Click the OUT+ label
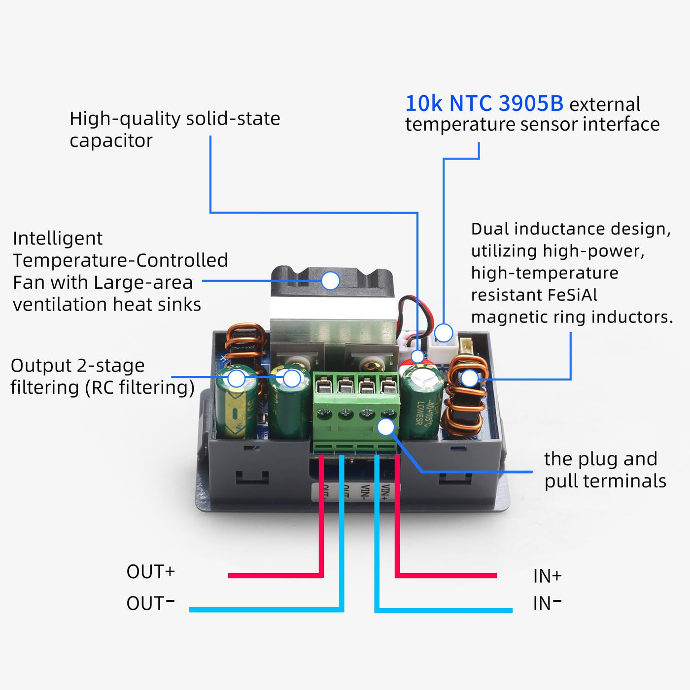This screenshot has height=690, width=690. click(x=150, y=572)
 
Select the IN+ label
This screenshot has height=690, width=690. click(x=547, y=576)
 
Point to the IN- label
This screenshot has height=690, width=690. click(x=547, y=603)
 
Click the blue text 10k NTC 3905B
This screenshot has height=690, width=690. click(x=484, y=103)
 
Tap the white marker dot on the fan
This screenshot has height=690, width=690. click(x=330, y=281)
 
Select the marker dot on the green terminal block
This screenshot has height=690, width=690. click(x=386, y=427)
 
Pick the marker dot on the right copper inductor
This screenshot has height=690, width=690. click(x=470, y=378)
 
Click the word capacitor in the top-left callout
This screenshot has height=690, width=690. click(x=111, y=141)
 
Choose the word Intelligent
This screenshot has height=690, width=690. click(x=58, y=239)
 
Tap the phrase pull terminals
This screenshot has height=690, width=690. click(x=605, y=481)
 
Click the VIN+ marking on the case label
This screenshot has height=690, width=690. click(x=385, y=492)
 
